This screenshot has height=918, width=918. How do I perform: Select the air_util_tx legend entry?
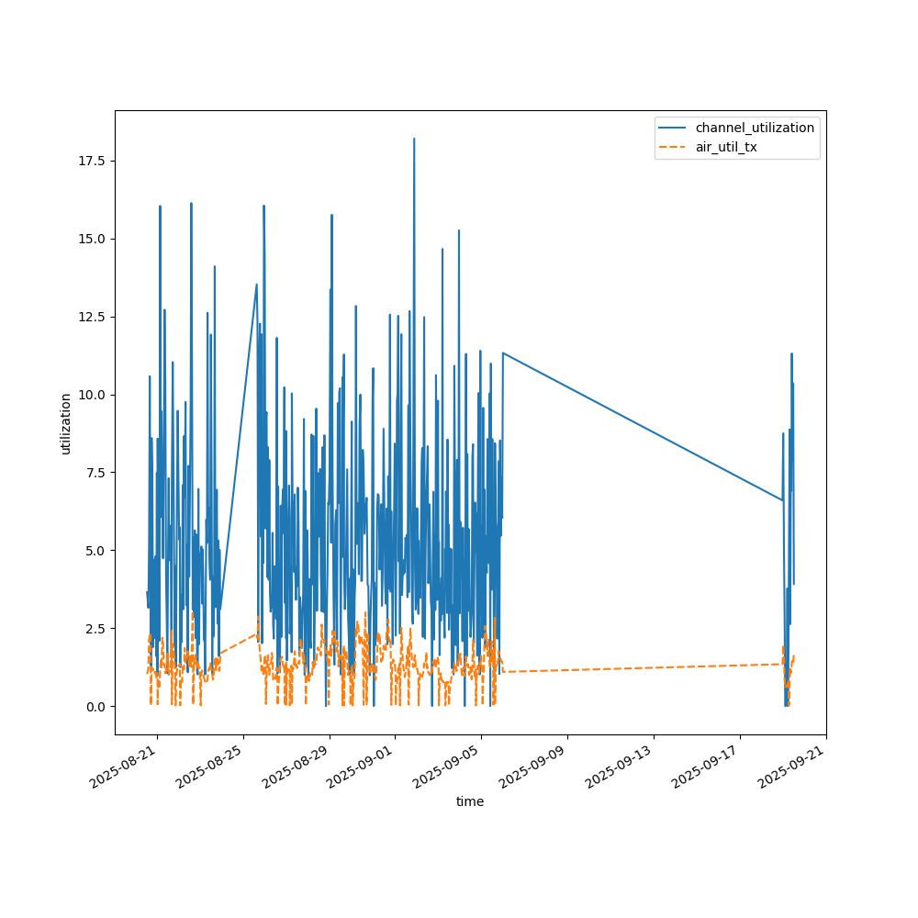[726, 147]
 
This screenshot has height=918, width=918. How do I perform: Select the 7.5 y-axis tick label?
[95, 472]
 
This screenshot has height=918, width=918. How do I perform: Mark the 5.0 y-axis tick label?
[95, 550]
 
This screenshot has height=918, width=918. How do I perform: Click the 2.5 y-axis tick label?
[95, 628]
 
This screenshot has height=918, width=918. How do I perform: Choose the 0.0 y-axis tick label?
[95, 706]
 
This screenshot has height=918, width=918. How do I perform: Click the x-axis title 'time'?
[470, 801]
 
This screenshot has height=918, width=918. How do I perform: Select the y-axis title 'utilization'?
[65, 423]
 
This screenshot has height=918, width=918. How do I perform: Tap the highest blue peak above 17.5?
[414, 139]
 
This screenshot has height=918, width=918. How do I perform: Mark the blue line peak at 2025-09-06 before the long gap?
[502, 353]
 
